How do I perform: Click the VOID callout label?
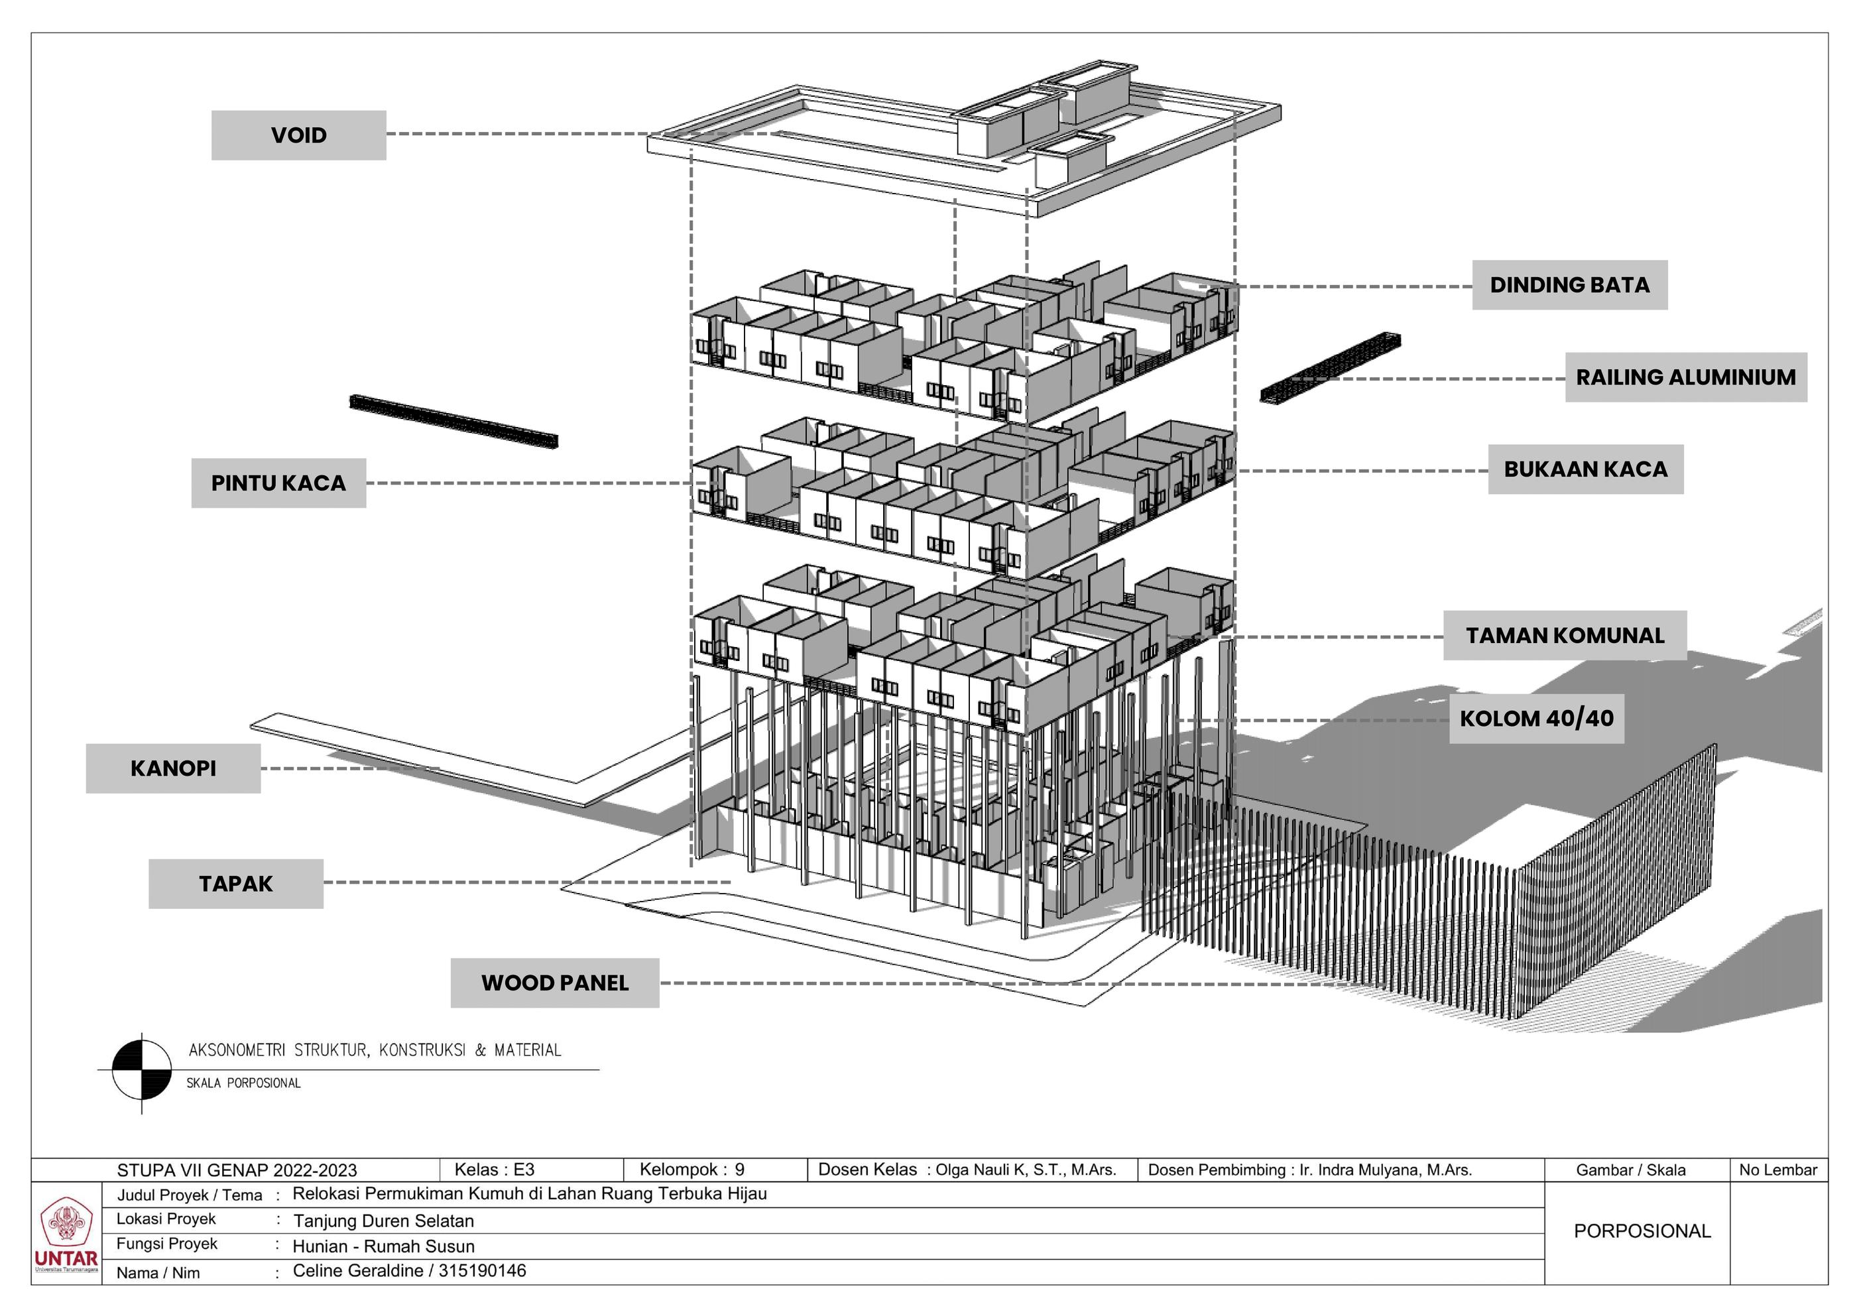click(x=298, y=135)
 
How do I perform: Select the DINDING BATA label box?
click(x=1569, y=285)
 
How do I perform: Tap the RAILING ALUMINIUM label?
click(x=1685, y=378)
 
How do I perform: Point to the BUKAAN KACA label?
click(x=1585, y=469)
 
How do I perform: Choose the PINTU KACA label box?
click(x=278, y=483)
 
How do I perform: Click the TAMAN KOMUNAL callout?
click(x=1565, y=635)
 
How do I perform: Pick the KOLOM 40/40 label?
click(x=1536, y=719)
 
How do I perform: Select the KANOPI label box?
click(x=172, y=768)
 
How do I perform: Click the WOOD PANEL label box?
click(x=554, y=983)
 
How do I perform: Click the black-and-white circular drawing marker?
click(x=142, y=1071)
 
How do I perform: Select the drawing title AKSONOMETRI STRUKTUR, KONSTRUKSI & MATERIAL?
click(x=375, y=1050)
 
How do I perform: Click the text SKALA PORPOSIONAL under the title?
click(x=243, y=1083)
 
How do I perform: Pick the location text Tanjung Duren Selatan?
click(x=383, y=1221)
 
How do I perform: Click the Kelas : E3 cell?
click(x=494, y=1169)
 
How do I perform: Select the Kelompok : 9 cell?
click(x=691, y=1169)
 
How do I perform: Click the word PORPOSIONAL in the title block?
click(x=1642, y=1231)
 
